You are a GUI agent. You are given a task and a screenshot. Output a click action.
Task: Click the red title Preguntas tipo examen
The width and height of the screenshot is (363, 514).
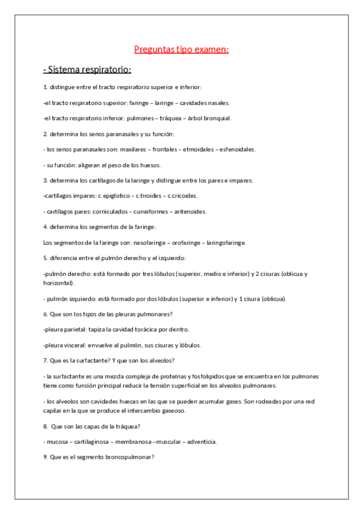coord(181,50)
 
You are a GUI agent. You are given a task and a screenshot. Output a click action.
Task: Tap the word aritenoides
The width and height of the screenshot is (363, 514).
coord(190,212)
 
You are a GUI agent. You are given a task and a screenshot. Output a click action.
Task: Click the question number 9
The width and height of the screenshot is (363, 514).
coord(45,457)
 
